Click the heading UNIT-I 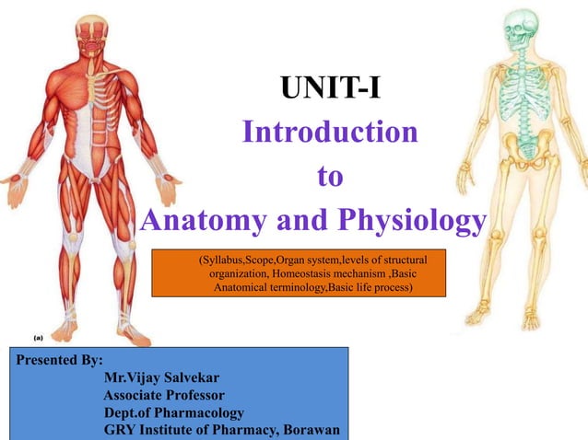click(330, 90)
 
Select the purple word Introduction click(329, 133)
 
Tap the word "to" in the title click(329, 176)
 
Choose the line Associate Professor click(164, 395)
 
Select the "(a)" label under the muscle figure click(29, 337)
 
